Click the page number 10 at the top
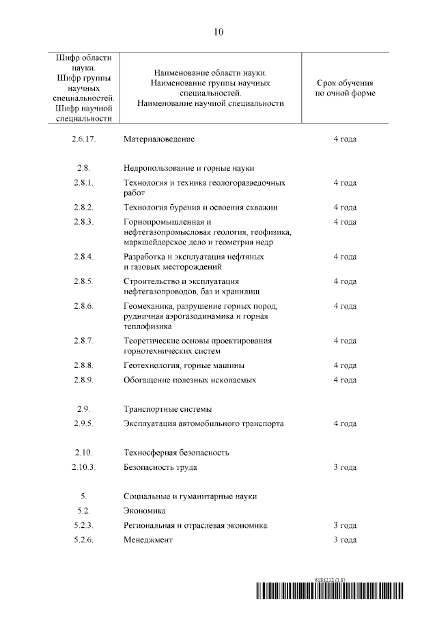coord(218,31)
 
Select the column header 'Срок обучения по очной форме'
coord(345,87)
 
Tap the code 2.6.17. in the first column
coord(83,139)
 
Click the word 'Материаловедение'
coord(159,139)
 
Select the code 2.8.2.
coord(83,207)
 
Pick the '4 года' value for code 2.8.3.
coord(345,222)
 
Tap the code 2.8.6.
coord(83,306)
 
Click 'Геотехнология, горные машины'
coord(184,365)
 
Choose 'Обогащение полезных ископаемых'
coord(190,380)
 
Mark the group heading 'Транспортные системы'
coord(167,409)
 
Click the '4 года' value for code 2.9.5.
coord(345,424)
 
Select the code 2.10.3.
coord(83,468)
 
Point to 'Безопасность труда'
coord(160,468)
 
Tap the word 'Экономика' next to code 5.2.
coord(145,511)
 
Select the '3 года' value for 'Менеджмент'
coord(345,540)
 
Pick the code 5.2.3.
coord(83,526)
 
